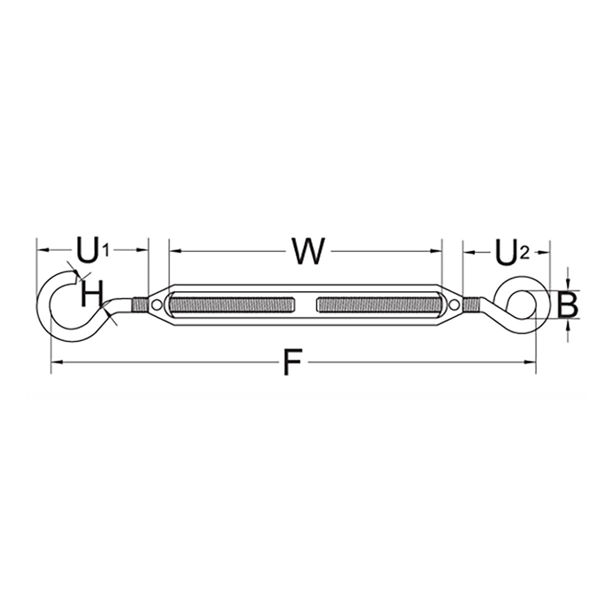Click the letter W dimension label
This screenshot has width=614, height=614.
[308, 251]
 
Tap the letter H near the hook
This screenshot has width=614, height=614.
[92, 294]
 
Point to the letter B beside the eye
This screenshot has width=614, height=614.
[568, 305]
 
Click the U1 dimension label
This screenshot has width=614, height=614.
[93, 251]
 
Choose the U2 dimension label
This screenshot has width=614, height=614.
[513, 253]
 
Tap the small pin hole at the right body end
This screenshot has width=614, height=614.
[454, 305]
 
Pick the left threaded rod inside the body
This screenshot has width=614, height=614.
[232, 304]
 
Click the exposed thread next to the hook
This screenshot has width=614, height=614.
[140, 304]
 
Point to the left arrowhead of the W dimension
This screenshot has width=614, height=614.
[176, 251]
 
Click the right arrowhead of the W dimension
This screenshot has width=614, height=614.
[436, 251]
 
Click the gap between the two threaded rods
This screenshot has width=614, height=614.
[305, 304]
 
